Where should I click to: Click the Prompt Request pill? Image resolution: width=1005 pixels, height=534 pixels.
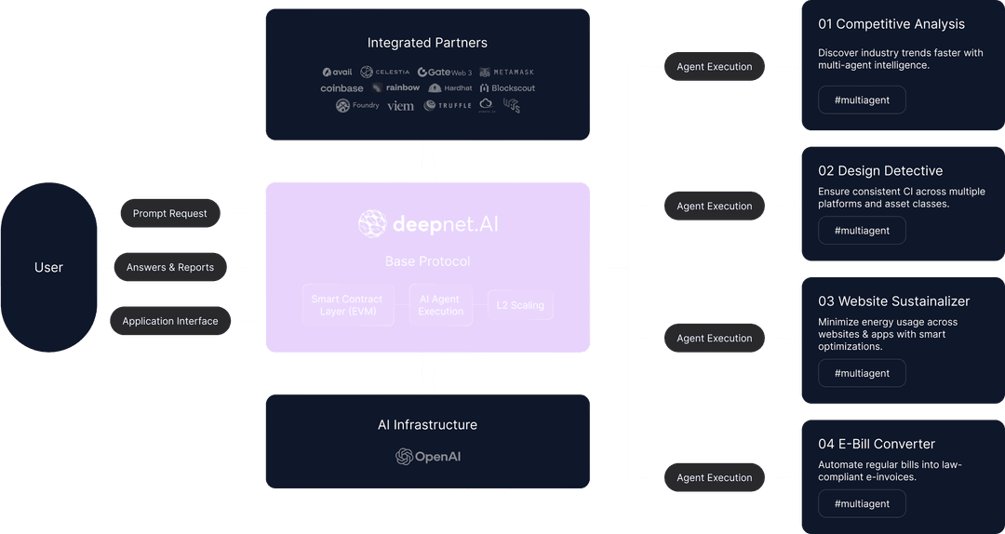point(169,213)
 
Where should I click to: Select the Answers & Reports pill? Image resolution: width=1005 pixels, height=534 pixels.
point(169,267)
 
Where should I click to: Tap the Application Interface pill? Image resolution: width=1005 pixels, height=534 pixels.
point(169,321)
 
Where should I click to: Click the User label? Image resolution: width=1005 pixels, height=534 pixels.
point(48,267)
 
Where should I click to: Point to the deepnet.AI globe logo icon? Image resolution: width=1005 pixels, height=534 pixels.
point(372,224)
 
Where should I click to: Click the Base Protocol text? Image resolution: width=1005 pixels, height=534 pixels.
point(427,261)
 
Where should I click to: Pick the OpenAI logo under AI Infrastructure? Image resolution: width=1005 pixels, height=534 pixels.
point(428,457)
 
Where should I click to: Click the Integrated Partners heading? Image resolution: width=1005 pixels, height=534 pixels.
point(427,43)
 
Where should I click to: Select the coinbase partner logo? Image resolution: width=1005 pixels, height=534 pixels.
point(342,88)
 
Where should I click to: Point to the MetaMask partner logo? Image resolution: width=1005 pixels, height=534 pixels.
point(507,72)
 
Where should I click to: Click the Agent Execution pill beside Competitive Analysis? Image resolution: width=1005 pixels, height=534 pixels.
point(715,67)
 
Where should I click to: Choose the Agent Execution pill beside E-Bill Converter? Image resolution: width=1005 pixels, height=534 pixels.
point(715,477)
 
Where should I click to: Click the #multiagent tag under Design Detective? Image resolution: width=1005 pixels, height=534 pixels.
point(862,231)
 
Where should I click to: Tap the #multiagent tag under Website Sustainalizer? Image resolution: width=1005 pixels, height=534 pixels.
point(862,373)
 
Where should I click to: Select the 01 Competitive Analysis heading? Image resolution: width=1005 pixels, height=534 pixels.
point(891,24)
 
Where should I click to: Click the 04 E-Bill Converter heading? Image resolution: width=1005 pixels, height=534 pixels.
point(876,444)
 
